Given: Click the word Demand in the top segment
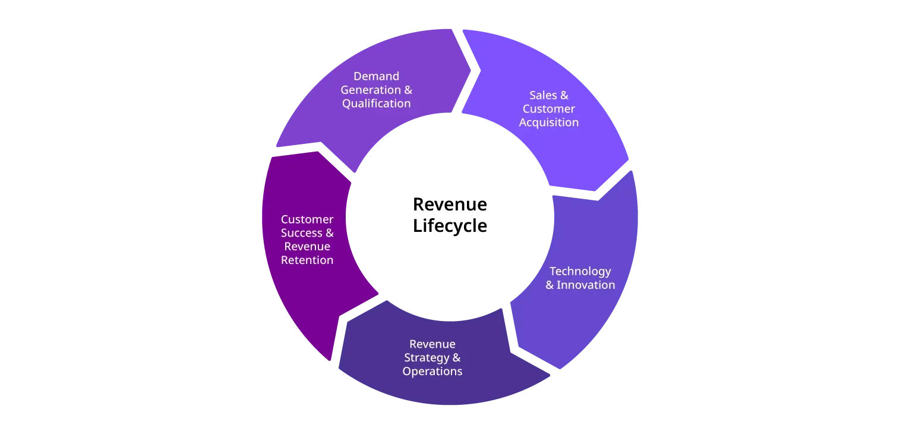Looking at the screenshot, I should (376, 76).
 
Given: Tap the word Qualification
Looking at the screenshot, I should (376, 103).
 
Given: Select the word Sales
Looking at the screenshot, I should (541, 95).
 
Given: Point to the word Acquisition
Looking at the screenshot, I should (548, 122).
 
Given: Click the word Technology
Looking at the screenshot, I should (580, 271).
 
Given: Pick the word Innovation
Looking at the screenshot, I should (586, 285).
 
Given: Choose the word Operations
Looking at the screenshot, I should (432, 372).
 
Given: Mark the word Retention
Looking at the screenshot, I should (307, 260).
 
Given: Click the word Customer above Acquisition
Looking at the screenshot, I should (548, 109).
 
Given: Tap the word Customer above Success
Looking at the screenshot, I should (307, 219).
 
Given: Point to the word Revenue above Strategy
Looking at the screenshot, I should (432, 344).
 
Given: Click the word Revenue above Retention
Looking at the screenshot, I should (307, 247).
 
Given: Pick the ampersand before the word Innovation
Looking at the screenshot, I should (550, 285).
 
